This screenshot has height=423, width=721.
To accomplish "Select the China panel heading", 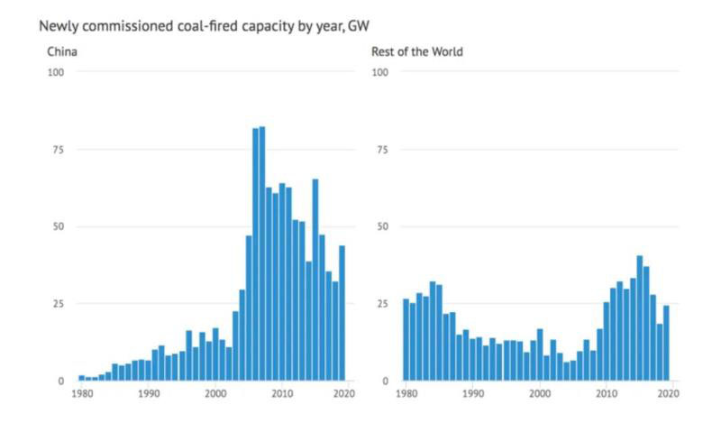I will [x=62, y=51].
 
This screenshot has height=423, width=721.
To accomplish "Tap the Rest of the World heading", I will [x=417, y=51].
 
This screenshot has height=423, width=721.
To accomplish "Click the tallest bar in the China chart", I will [x=262, y=253].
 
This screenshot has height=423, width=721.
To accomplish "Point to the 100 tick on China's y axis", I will [x=56, y=72].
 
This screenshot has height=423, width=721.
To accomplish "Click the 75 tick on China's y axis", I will [x=59, y=149].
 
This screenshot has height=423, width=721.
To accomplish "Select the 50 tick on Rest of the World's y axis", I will [x=381, y=226].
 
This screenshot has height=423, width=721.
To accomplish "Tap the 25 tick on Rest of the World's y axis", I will [x=381, y=303].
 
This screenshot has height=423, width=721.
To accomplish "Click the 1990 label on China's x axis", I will [x=148, y=394].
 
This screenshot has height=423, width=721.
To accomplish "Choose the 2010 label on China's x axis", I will [x=282, y=394].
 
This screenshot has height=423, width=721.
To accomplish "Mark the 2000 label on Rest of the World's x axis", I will [x=540, y=394].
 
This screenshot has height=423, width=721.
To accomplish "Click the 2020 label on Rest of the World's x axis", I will [x=669, y=394].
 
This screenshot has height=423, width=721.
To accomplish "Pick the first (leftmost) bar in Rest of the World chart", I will [x=406, y=339].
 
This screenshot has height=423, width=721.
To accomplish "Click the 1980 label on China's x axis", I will [x=82, y=394].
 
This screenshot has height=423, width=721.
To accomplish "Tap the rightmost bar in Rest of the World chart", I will [x=666, y=343].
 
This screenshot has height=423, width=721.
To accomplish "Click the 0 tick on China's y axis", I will [x=61, y=381].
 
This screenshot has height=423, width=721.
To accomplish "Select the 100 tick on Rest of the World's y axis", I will [x=379, y=72].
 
